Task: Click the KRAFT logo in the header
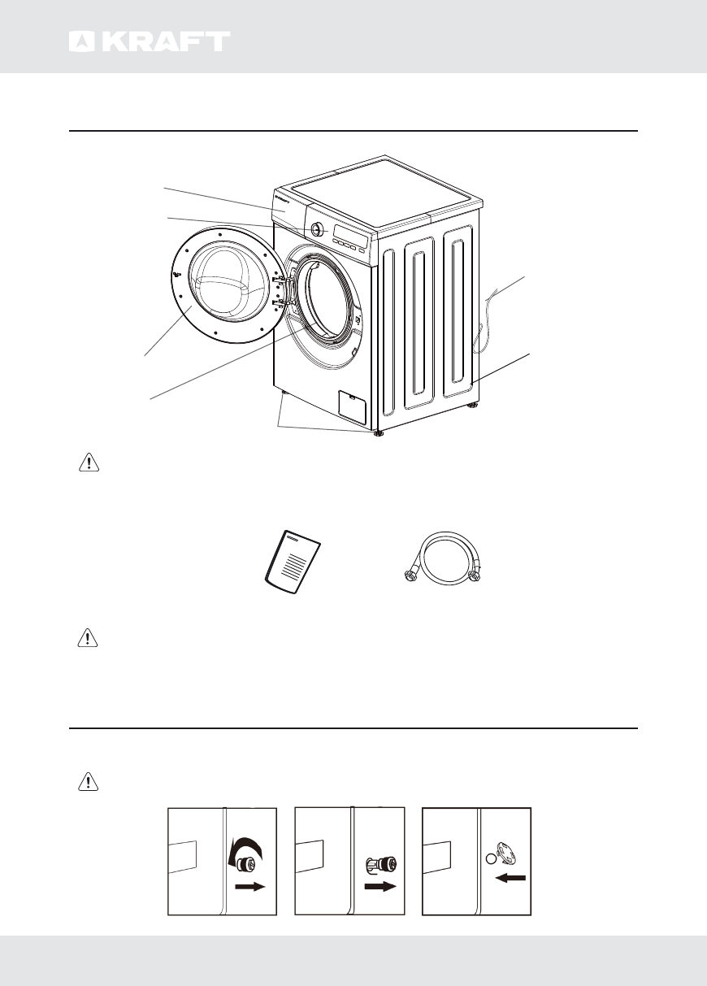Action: coord(149,41)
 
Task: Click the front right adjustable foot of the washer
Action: coord(379,433)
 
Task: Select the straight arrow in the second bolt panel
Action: coord(379,888)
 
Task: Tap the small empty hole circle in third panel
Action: coord(489,858)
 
